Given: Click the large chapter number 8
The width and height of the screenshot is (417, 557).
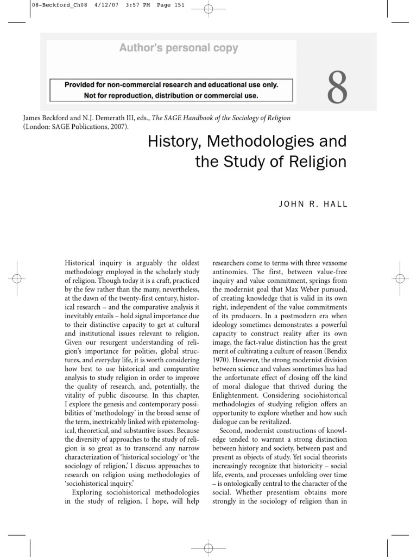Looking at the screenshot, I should [x=337, y=89].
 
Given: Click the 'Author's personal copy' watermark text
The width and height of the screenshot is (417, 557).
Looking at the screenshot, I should [x=179, y=48].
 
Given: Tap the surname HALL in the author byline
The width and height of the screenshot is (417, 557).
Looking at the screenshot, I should [x=335, y=205].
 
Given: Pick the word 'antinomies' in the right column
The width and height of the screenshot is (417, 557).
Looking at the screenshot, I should [x=230, y=271].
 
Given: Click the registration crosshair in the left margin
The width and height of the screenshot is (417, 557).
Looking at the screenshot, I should [x=17, y=278].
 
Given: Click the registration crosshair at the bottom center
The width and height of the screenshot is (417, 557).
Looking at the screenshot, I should [x=208, y=548].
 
